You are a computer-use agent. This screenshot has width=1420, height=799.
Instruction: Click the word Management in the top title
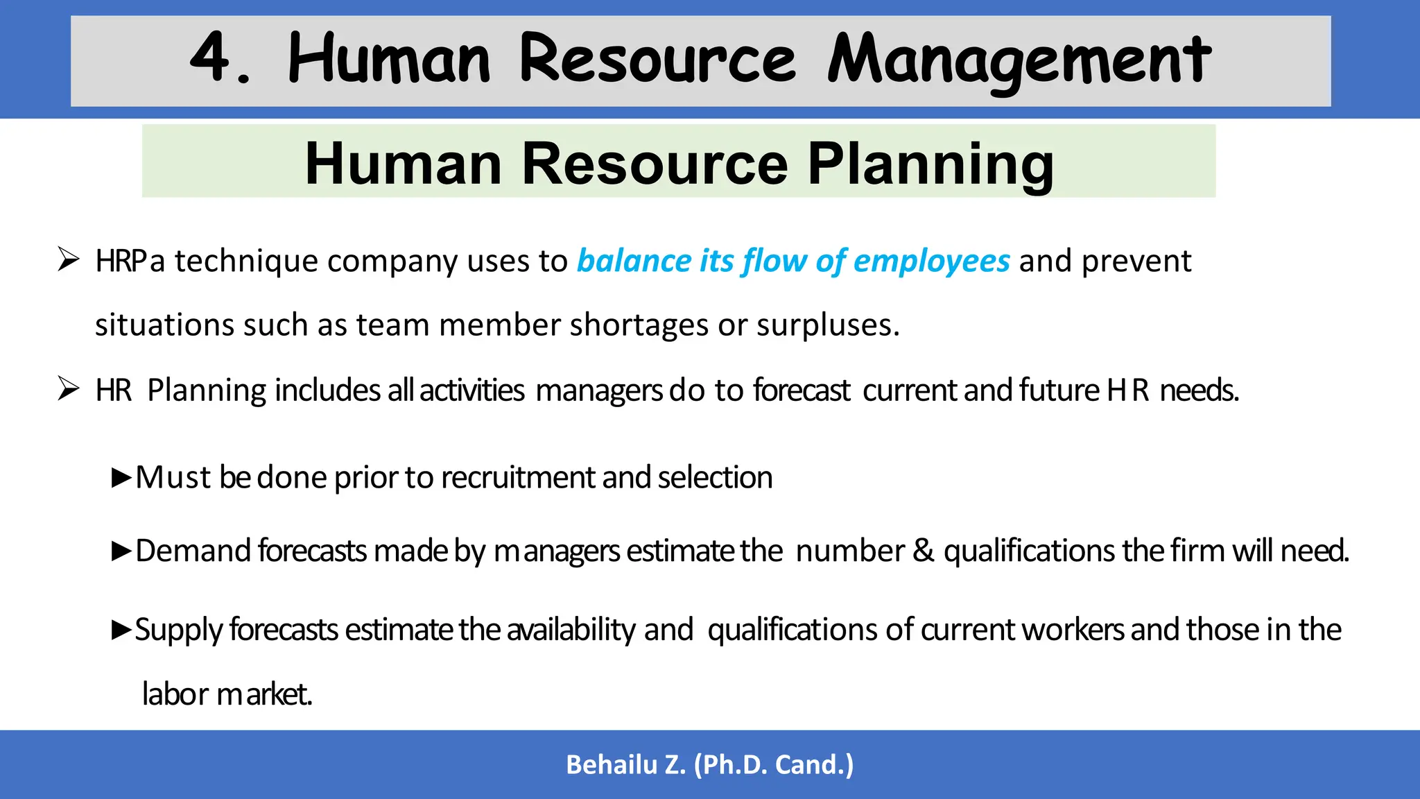click(1019, 61)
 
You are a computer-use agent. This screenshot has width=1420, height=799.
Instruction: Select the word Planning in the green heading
click(930, 164)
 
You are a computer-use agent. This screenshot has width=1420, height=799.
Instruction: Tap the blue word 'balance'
click(633, 261)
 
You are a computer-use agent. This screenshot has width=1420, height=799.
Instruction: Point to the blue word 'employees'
click(931, 261)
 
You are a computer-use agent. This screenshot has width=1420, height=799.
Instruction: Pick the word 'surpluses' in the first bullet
click(826, 325)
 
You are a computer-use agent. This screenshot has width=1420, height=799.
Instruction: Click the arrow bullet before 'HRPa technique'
click(69, 259)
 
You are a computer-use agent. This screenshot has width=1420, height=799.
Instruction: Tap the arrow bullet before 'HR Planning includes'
click(69, 388)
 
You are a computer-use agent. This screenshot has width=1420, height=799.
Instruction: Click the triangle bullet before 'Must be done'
click(121, 477)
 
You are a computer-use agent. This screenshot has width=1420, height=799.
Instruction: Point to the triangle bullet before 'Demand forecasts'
click(121, 551)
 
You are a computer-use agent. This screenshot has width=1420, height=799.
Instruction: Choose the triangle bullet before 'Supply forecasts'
click(121, 630)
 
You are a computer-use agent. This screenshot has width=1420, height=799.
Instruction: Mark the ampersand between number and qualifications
click(924, 551)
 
